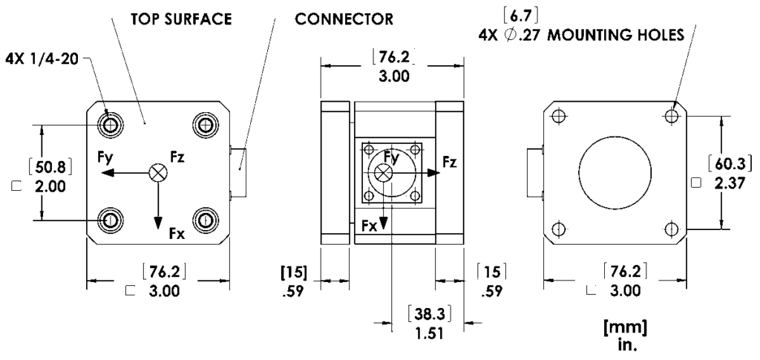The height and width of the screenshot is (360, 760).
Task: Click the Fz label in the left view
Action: [178, 157]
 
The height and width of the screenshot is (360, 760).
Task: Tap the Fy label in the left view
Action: [105, 157]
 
